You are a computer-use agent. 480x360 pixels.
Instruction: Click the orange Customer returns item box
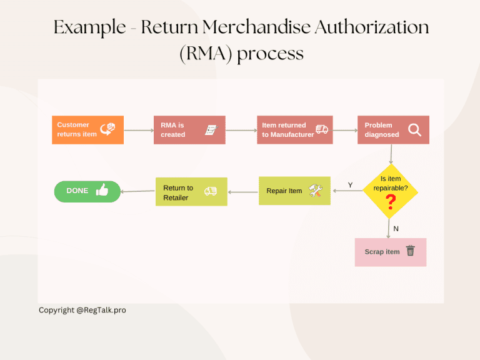pyautogui.click(x=87, y=130)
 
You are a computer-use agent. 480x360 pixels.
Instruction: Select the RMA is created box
pyautogui.click(x=189, y=130)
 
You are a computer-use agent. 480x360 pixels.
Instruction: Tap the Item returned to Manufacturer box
pyautogui.click(x=294, y=130)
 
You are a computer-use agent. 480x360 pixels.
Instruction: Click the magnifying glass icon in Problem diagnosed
pyautogui.click(x=414, y=129)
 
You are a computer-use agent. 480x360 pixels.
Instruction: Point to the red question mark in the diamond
pyautogui.click(x=391, y=201)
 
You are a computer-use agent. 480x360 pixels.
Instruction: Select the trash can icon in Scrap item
pyautogui.click(x=411, y=251)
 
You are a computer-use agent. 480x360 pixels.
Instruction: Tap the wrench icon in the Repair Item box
pyautogui.click(x=316, y=191)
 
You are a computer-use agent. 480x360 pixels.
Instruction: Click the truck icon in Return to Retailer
pyautogui.click(x=211, y=191)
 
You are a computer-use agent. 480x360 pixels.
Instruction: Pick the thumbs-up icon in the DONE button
pyautogui.click(x=102, y=191)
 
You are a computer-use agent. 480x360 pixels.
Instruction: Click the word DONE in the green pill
pyautogui.click(x=77, y=191)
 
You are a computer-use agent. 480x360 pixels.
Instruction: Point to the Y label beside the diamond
pyautogui.click(x=350, y=185)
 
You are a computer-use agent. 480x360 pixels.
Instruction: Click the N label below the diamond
pyautogui.click(x=396, y=229)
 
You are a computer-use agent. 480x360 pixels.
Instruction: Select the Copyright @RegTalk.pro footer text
pyautogui.click(x=82, y=310)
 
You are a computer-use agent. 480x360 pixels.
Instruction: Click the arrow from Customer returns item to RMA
pyautogui.click(x=139, y=131)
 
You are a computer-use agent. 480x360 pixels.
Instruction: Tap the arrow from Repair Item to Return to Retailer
pyautogui.click(x=243, y=191)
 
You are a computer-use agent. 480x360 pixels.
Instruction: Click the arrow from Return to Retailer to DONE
pyautogui.click(x=137, y=191)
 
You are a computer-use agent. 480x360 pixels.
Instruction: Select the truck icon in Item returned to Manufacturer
pyautogui.click(x=322, y=129)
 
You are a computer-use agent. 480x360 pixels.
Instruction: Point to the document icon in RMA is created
pyautogui.click(x=211, y=129)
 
